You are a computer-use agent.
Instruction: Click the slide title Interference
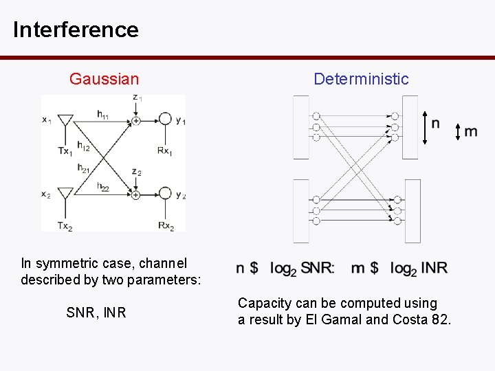(x=76, y=30)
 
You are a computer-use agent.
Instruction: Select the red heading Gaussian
(x=104, y=79)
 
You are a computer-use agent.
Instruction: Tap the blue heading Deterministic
(x=361, y=79)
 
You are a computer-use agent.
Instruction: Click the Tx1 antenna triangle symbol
(x=65, y=122)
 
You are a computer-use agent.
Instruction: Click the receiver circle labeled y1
(x=165, y=120)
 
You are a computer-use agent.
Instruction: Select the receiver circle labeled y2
(x=165, y=194)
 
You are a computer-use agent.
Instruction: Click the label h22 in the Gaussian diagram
(x=103, y=187)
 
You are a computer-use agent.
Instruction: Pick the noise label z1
(x=137, y=98)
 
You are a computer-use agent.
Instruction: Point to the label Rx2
(x=165, y=225)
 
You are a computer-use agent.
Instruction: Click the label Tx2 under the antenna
(x=65, y=226)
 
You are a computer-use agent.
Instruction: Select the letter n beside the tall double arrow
(x=436, y=124)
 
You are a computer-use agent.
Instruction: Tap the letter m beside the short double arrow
(x=471, y=131)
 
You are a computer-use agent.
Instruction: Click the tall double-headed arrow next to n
(x=425, y=128)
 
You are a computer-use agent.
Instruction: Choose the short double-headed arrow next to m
(x=459, y=132)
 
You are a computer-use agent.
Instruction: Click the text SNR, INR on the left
(x=96, y=313)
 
